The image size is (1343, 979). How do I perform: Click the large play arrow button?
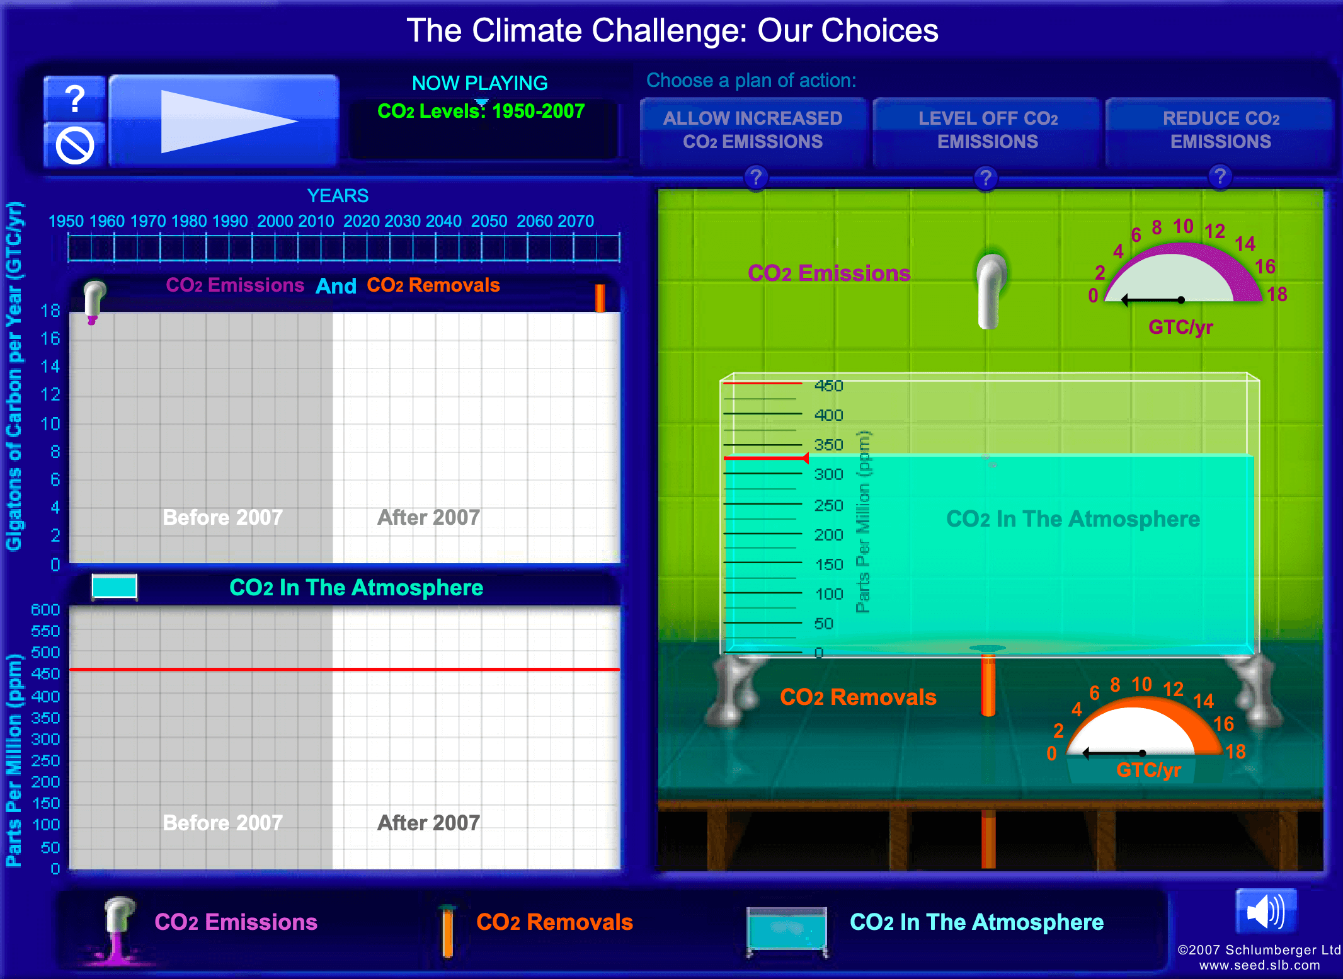point(224,121)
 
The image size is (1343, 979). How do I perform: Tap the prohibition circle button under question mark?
point(75,146)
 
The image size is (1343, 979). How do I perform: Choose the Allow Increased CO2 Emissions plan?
point(753,130)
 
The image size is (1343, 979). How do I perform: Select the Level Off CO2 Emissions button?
point(987,130)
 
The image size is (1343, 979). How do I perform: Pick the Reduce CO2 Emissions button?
point(1220,130)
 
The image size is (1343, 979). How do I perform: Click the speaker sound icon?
point(1266,912)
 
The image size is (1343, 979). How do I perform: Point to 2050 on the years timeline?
point(489,221)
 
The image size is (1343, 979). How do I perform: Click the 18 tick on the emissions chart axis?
point(50,311)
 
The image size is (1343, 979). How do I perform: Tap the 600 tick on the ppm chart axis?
point(45,610)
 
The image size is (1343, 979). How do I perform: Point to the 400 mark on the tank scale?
point(828,415)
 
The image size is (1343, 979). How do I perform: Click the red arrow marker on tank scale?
point(804,458)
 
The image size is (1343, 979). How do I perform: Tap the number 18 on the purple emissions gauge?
point(1277,294)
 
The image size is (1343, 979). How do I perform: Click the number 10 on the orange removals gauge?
point(1141,684)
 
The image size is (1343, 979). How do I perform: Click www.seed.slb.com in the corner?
point(1259,965)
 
